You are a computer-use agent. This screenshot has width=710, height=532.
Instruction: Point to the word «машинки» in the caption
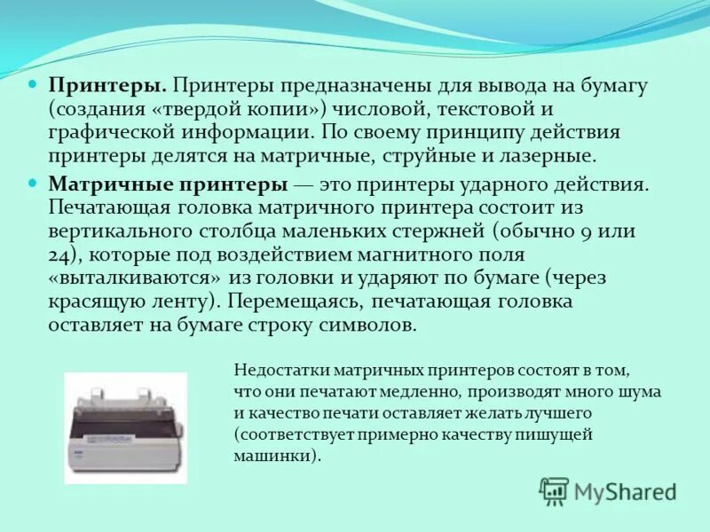(x=270, y=457)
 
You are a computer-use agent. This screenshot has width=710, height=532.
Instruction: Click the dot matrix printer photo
(x=126, y=427)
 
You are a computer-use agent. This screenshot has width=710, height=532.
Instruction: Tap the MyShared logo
(x=608, y=491)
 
